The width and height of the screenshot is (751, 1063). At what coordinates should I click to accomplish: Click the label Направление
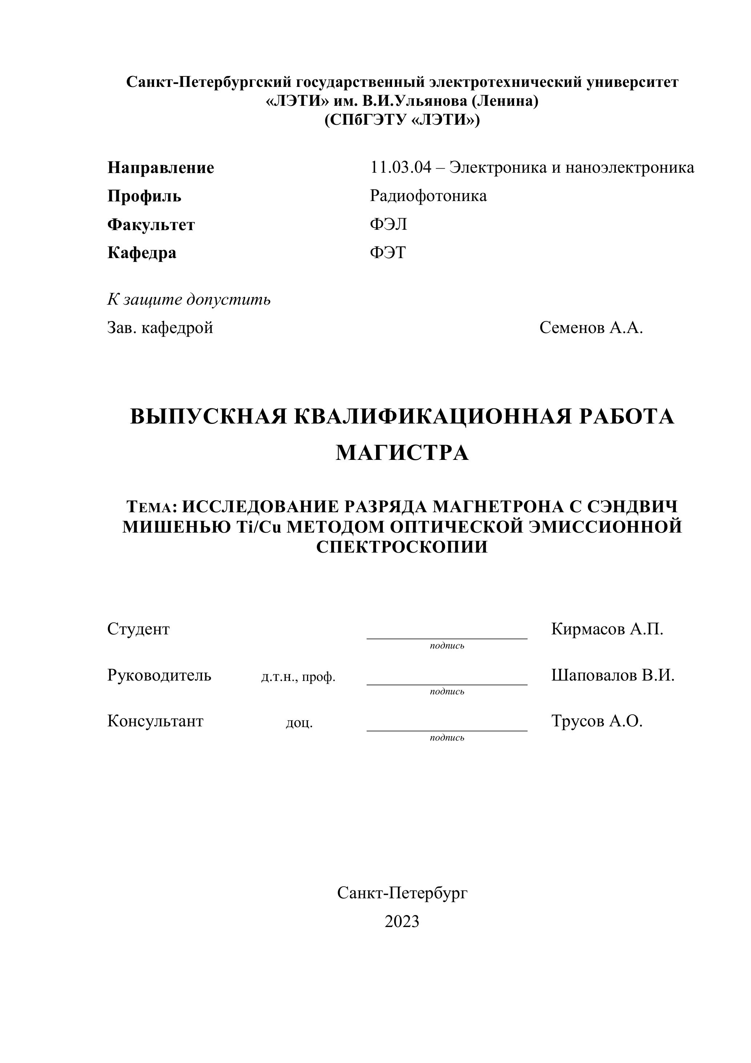click(161, 168)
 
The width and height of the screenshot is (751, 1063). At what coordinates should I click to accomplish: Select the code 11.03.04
click(400, 167)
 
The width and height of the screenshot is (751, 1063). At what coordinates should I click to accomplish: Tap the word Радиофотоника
click(428, 196)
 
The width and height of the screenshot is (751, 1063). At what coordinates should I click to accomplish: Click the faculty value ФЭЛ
click(388, 225)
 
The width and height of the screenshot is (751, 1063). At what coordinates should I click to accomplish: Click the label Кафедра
click(142, 253)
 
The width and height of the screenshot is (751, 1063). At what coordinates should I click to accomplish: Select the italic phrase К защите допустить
click(189, 300)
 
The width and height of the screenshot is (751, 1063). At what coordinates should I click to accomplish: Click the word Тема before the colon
click(149, 508)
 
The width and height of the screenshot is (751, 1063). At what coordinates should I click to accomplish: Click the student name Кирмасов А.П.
click(607, 629)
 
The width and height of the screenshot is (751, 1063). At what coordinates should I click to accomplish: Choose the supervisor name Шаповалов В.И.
click(613, 675)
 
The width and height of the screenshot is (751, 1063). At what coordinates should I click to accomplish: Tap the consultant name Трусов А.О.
click(597, 721)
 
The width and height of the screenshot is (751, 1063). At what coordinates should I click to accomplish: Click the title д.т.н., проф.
click(298, 677)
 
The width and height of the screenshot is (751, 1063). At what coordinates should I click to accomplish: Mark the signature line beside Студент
click(447, 638)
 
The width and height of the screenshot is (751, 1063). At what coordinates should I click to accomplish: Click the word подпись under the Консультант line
click(447, 738)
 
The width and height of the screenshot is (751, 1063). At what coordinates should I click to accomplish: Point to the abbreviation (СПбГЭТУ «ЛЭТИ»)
click(401, 120)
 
